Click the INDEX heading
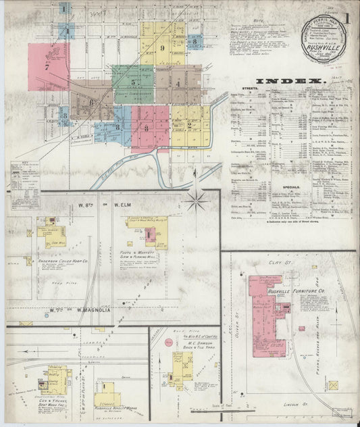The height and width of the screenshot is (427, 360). click(290, 82)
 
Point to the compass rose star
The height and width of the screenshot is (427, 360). click(197, 200)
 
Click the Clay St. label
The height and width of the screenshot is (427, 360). click(277, 257)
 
